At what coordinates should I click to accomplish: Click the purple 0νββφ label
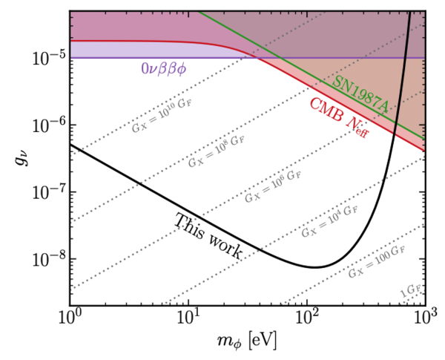(163, 69)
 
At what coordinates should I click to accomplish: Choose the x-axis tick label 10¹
(188, 317)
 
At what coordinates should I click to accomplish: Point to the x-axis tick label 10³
(426, 317)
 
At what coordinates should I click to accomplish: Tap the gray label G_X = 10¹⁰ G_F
(162, 115)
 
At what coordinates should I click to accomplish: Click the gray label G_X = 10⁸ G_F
(217, 151)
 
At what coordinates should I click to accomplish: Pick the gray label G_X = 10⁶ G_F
(273, 186)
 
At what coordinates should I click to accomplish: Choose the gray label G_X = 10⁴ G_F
(329, 221)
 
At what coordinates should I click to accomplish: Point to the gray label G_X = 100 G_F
(377, 261)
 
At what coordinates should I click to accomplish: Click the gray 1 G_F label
(410, 290)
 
